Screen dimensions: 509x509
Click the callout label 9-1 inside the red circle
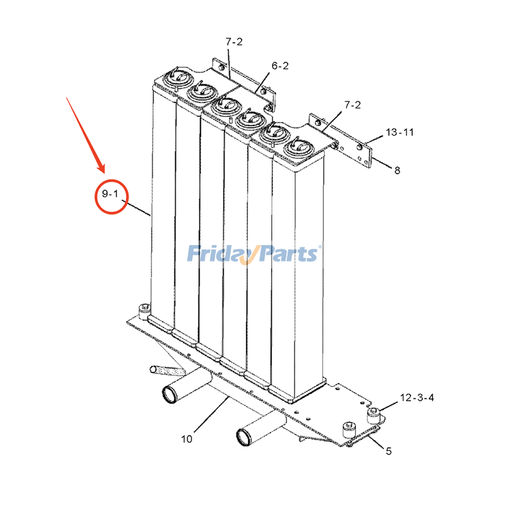(110, 194)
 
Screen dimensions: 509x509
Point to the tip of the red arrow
(104, 172)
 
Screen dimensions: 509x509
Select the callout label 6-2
(280, 66)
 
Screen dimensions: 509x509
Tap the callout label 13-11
(400, 132)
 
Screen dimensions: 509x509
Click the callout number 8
(397, 171)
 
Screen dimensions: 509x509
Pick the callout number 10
(186, 439)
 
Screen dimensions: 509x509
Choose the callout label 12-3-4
(417, 397)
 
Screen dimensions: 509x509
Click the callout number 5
(389, 451)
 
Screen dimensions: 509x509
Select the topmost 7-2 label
(234, 42)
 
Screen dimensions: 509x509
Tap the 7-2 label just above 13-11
(352, 105)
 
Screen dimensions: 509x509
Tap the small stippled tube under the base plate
(167, 370)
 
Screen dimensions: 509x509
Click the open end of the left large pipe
(170, 394)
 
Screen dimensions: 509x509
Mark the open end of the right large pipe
(244, 437)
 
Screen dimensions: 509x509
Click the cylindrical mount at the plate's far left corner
(144, 312)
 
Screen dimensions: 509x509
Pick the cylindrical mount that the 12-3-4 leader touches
(373, 415)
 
